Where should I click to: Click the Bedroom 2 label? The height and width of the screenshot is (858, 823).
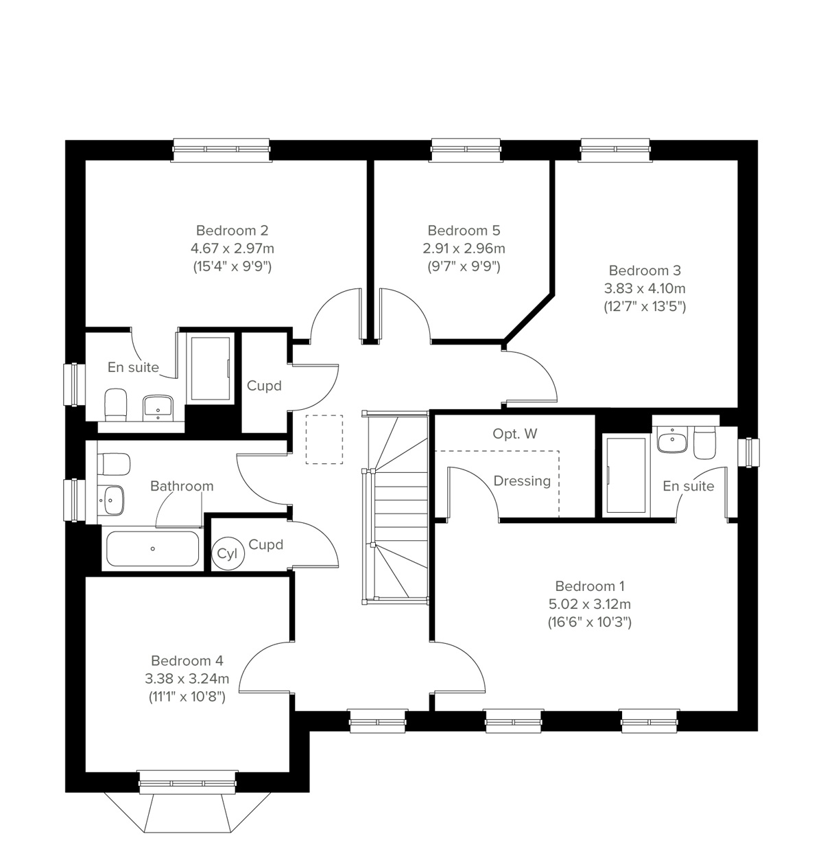click(232, 230)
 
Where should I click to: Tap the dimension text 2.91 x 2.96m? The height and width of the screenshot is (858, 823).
click(464, 248)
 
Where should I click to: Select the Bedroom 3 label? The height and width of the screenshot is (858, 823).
click(645, 270)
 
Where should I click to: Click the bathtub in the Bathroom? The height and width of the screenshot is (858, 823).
click(152, 548)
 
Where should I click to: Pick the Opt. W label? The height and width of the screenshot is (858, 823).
click(515, 434)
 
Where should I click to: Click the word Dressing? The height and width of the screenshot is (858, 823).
click(522, 480)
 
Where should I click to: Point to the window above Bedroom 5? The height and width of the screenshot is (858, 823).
click(464, 150)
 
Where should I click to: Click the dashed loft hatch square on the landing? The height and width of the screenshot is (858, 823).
click(324, 439)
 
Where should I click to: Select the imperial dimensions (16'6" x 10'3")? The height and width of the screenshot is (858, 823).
click(589, 623)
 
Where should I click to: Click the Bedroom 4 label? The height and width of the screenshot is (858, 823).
click(187, 661)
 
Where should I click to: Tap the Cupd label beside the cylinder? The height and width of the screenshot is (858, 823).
click(265, 544)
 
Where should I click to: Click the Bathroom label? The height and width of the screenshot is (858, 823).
click(182, 486)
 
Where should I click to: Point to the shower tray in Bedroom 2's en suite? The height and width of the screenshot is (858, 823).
click(210, 369)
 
